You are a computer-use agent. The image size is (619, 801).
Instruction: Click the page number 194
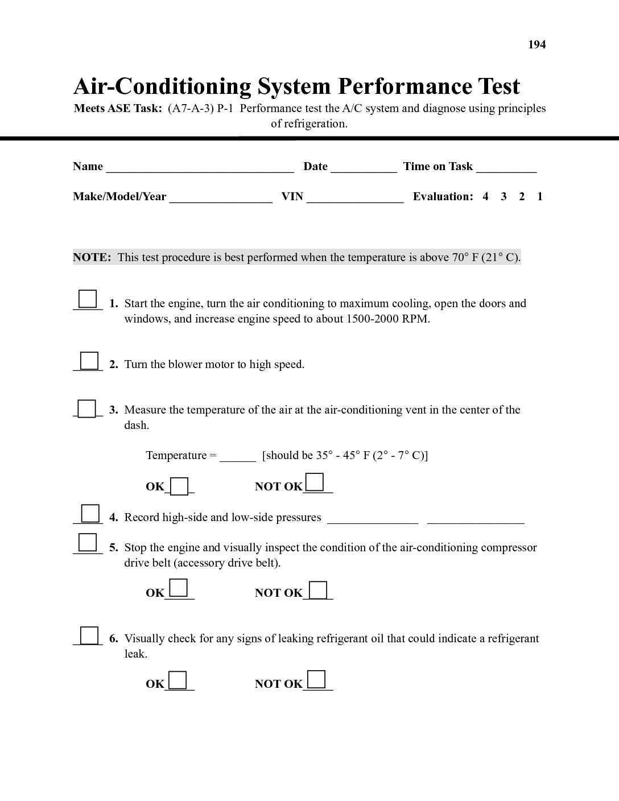point(537,45)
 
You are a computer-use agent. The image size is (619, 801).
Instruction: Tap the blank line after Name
point(200,168)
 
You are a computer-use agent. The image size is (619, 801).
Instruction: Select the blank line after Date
point(364,168)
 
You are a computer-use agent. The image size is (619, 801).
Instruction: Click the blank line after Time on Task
point(506,168)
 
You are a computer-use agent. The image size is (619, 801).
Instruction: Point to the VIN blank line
point(355,199)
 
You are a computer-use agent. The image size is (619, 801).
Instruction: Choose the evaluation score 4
point(485,197)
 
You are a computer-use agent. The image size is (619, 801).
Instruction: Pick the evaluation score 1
point(539,197)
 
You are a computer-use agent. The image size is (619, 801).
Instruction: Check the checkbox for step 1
point(88,299)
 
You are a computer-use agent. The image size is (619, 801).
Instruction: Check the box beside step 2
point(89,361)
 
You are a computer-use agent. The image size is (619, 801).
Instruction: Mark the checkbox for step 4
point(90,513)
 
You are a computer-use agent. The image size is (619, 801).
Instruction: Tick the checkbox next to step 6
point(89,635)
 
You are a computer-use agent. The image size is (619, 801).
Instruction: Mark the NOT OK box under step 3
point(315,482)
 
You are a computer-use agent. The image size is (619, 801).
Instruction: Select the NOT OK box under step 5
point(318,590)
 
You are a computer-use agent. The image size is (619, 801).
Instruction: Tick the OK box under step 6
point(178,680)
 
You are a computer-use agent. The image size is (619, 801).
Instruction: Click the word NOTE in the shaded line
point(91,257)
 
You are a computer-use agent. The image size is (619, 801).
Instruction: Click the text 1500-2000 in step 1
point(372,319)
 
